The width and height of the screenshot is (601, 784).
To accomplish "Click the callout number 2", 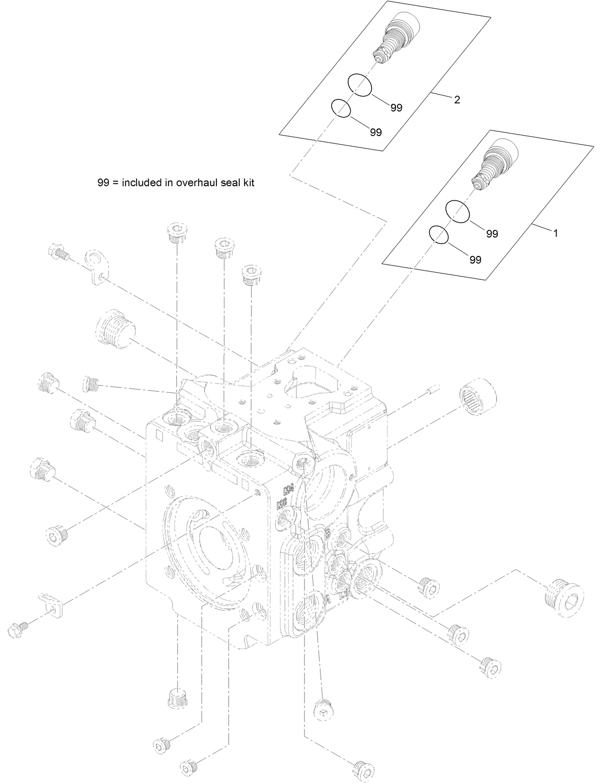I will (x=457, y=100).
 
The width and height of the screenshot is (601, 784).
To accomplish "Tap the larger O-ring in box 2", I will (x=359, y=85).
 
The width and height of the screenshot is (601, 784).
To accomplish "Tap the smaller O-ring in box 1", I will (x=439, y=235).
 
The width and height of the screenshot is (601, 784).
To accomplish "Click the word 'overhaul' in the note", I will (x=195, y=182).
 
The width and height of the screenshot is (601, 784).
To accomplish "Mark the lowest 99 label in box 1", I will (x=475, y=260).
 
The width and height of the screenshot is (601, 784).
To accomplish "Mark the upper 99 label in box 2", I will (x=396, y=108).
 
